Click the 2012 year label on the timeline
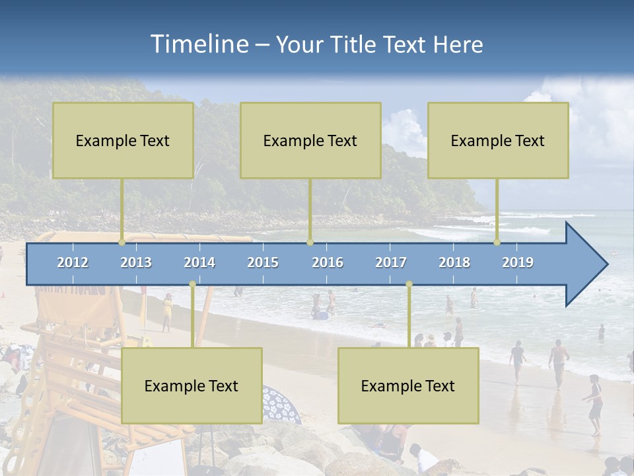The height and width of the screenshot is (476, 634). tap(73, 262)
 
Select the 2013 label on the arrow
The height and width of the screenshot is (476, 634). tap(136, 262)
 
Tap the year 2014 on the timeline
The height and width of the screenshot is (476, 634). tap(199, 262)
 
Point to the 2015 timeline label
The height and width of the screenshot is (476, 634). tap(263, 262)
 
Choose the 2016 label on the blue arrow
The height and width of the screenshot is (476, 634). tap(328, 262)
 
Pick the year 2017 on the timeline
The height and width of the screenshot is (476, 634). tap(391, 262)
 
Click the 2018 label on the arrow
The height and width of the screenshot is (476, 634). tap(454, 262)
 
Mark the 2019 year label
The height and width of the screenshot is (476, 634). tap(518, 262)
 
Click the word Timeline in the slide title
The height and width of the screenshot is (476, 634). tap(199, 44)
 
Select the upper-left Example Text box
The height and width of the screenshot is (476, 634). tap(123, 140)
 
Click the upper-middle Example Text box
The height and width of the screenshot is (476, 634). tap(310, 140)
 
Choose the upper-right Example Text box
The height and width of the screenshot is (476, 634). tap(498, 140)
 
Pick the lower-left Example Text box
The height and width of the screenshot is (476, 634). tap(192, 385)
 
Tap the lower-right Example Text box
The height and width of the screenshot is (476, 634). tap(408, 385)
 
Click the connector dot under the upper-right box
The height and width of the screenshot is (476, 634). tap(497, 243)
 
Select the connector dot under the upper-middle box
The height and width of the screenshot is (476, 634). tap(310, 243)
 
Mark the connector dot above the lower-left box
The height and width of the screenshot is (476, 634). tap(192, 284)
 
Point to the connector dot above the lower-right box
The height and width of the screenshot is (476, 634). tap(409, 284)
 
